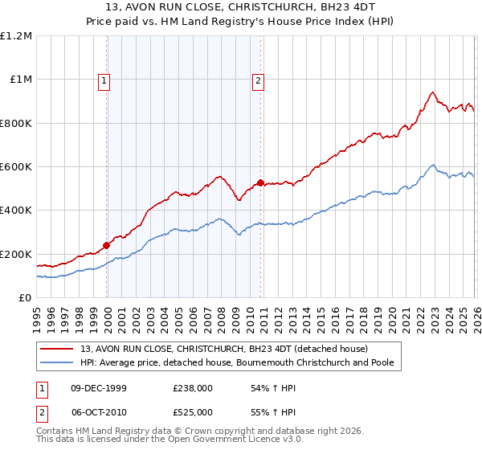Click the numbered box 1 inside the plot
(106, 80)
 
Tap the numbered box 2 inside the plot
(259, 80)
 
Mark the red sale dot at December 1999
(106, 246)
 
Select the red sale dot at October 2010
(260, 183)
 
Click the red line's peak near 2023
(432, 92)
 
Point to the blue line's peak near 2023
(432, 166)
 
